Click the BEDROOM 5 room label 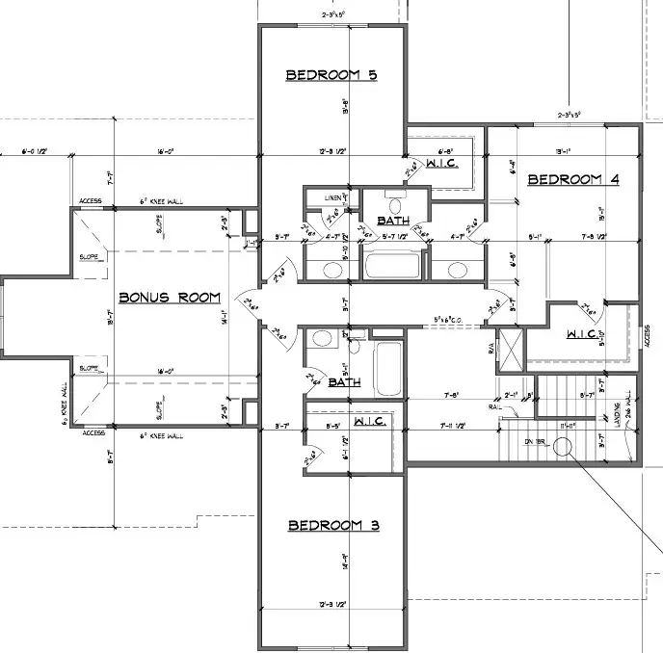pyautogui.click(x=330, y=75)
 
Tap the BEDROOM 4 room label pyautogui.click(x=572, y=179)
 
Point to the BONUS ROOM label pyautogui.click(x=170, y=298)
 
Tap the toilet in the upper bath pyautogui.click(x=394, y=205)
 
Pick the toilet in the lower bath pyautogui.click(x=323, y=339)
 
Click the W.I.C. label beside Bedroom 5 pyautogui.click(x=441, y=164)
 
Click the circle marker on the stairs pyautogui.click(x=564, y=447)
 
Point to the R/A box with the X pyautogui.click(x=510, y=350)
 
